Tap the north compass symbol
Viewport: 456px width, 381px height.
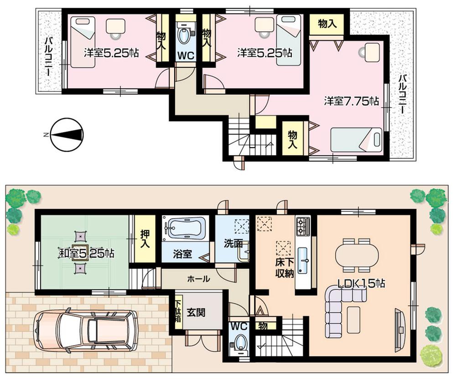coord(67,135)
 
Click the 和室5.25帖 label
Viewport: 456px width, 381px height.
coord(86,252)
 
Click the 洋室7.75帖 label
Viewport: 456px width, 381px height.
coord(351,101)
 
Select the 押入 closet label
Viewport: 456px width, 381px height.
coord(145,239)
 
